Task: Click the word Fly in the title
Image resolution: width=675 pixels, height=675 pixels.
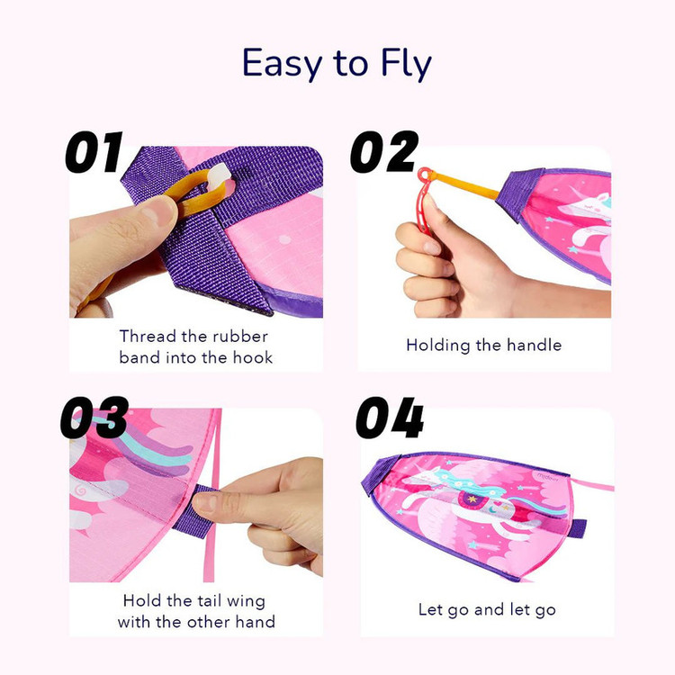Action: pyautogui.click(x=406, y=64)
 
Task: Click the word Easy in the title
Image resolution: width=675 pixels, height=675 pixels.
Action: pyautogui.click(x=282, y=64)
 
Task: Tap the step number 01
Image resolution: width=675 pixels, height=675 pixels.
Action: pyautogui.click(x=94, y=152)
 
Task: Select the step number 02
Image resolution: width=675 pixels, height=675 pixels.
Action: pyautogui.click(x=384, y=152)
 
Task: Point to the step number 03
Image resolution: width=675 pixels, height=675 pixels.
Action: pyautogui.click(x=94, y=418)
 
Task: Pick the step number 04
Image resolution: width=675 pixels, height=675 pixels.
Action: pyautogui.click(x=390, y=418)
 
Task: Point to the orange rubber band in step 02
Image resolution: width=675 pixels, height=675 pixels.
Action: pyautogui.click(x=465, y=184)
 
